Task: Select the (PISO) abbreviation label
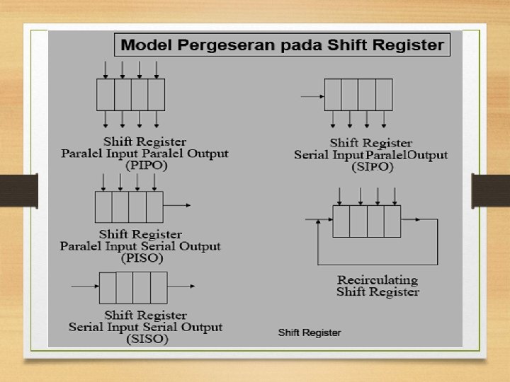coord(141,258)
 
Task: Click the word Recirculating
coord(377,280)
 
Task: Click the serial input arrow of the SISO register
coord(84,286)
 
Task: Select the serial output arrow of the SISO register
coord(182,286)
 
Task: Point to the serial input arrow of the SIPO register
coord(312,95)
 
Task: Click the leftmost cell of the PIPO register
coord(106,94)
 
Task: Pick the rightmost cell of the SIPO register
coord(384,95)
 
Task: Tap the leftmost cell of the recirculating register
coord(341,221)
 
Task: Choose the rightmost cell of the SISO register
coord(159,287)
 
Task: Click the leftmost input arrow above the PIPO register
coord(106,69)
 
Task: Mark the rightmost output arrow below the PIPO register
coord(157,118)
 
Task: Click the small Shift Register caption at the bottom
coord(310,332)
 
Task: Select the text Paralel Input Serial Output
coord(140,246)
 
